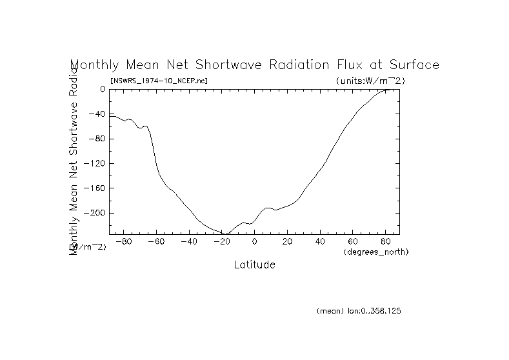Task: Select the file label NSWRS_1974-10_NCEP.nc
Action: [x=159, y=81]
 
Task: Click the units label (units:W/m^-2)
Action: [x=370, y=81]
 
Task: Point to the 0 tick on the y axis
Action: [x=102, y=89]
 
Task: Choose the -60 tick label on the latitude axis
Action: [x=155, y=242]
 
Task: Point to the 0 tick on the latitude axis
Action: [x=254, y=242]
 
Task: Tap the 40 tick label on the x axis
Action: [x=319, y=242]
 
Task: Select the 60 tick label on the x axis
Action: [x=352, y=242]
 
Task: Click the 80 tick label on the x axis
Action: [x=385, y=242]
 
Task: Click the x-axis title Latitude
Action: [x=254, y=265]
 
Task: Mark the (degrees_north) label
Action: [x=377, y=251]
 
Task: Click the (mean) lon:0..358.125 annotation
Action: [x=359, y=311]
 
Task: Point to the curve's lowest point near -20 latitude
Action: [x=226, y=234]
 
